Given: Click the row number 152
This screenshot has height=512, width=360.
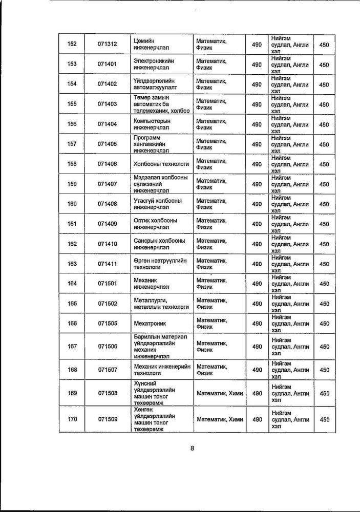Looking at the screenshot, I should coord(72,45).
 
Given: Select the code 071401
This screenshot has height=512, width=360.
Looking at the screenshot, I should coord(108,65).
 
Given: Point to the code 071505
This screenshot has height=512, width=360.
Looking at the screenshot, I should coord(108,324).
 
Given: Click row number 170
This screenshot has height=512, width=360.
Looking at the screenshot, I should coord(72,419).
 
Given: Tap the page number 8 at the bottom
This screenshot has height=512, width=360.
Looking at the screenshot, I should coord(193,449).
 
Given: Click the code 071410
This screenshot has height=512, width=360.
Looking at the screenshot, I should coord(108,244).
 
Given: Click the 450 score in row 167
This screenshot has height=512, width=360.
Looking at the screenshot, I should coord(324,347).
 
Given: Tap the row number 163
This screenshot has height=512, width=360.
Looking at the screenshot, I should coord(72,264).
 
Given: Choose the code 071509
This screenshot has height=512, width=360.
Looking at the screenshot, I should coord(108,419).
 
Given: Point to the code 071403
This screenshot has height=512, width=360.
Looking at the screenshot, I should coord(108,104).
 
